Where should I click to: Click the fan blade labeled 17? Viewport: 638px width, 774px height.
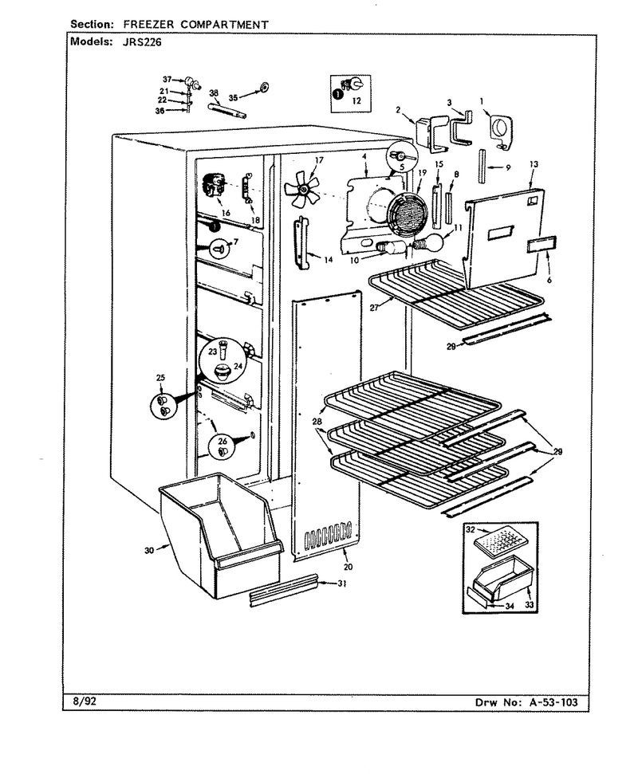tap(302, 188)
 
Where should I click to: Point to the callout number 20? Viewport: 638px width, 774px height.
tap(349, 567)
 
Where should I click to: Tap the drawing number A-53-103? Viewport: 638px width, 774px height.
tap(553, 702)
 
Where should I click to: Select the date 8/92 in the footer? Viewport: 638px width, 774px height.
tap(80, 701)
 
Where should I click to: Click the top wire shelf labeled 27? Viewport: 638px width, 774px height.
tap(455, 291)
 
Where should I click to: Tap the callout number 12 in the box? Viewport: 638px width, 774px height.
tap(356, 100)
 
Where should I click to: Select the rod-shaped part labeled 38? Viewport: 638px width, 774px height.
tap(227, 111)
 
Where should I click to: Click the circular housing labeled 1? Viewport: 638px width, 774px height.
tap(500, 131)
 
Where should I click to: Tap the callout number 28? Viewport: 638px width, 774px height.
tap(317, 422)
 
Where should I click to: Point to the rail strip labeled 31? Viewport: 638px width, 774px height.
tap(283, 590)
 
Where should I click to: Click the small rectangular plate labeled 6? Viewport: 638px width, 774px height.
tap(542, 246)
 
